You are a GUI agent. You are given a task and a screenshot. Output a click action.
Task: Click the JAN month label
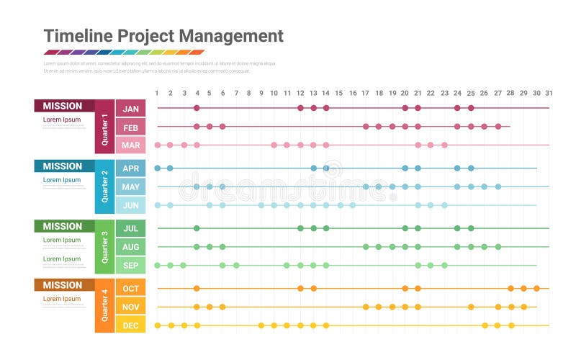point(130,109)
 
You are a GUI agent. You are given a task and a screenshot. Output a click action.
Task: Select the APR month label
point(130,169)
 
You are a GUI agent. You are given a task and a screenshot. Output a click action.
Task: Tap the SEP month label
point(130,266)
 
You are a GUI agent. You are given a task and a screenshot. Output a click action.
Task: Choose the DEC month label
point(130,325)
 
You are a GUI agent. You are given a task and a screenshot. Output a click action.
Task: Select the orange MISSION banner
point(63,285)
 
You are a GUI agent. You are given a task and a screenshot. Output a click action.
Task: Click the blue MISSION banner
point(63,166)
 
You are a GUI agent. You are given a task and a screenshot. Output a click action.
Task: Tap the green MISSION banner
point(63,226)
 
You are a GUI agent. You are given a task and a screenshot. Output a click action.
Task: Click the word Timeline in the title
point(78,36)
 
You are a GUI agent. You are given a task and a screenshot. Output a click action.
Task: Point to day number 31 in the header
point(549,93)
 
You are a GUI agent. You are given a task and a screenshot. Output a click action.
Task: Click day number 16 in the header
point(352,93)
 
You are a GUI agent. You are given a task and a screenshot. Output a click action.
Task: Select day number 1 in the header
point(157,93)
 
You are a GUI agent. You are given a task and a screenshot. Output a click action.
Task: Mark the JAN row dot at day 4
point(197,108)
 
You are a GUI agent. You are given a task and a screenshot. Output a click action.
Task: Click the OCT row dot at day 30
point(536,288)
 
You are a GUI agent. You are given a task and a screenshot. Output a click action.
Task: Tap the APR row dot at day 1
point(157,168)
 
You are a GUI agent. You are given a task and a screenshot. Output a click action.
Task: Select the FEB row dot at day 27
point(498,127)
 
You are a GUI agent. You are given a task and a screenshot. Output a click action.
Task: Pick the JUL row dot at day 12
point(300,228)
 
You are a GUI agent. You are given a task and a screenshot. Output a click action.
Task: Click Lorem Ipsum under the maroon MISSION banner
point(62,120)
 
